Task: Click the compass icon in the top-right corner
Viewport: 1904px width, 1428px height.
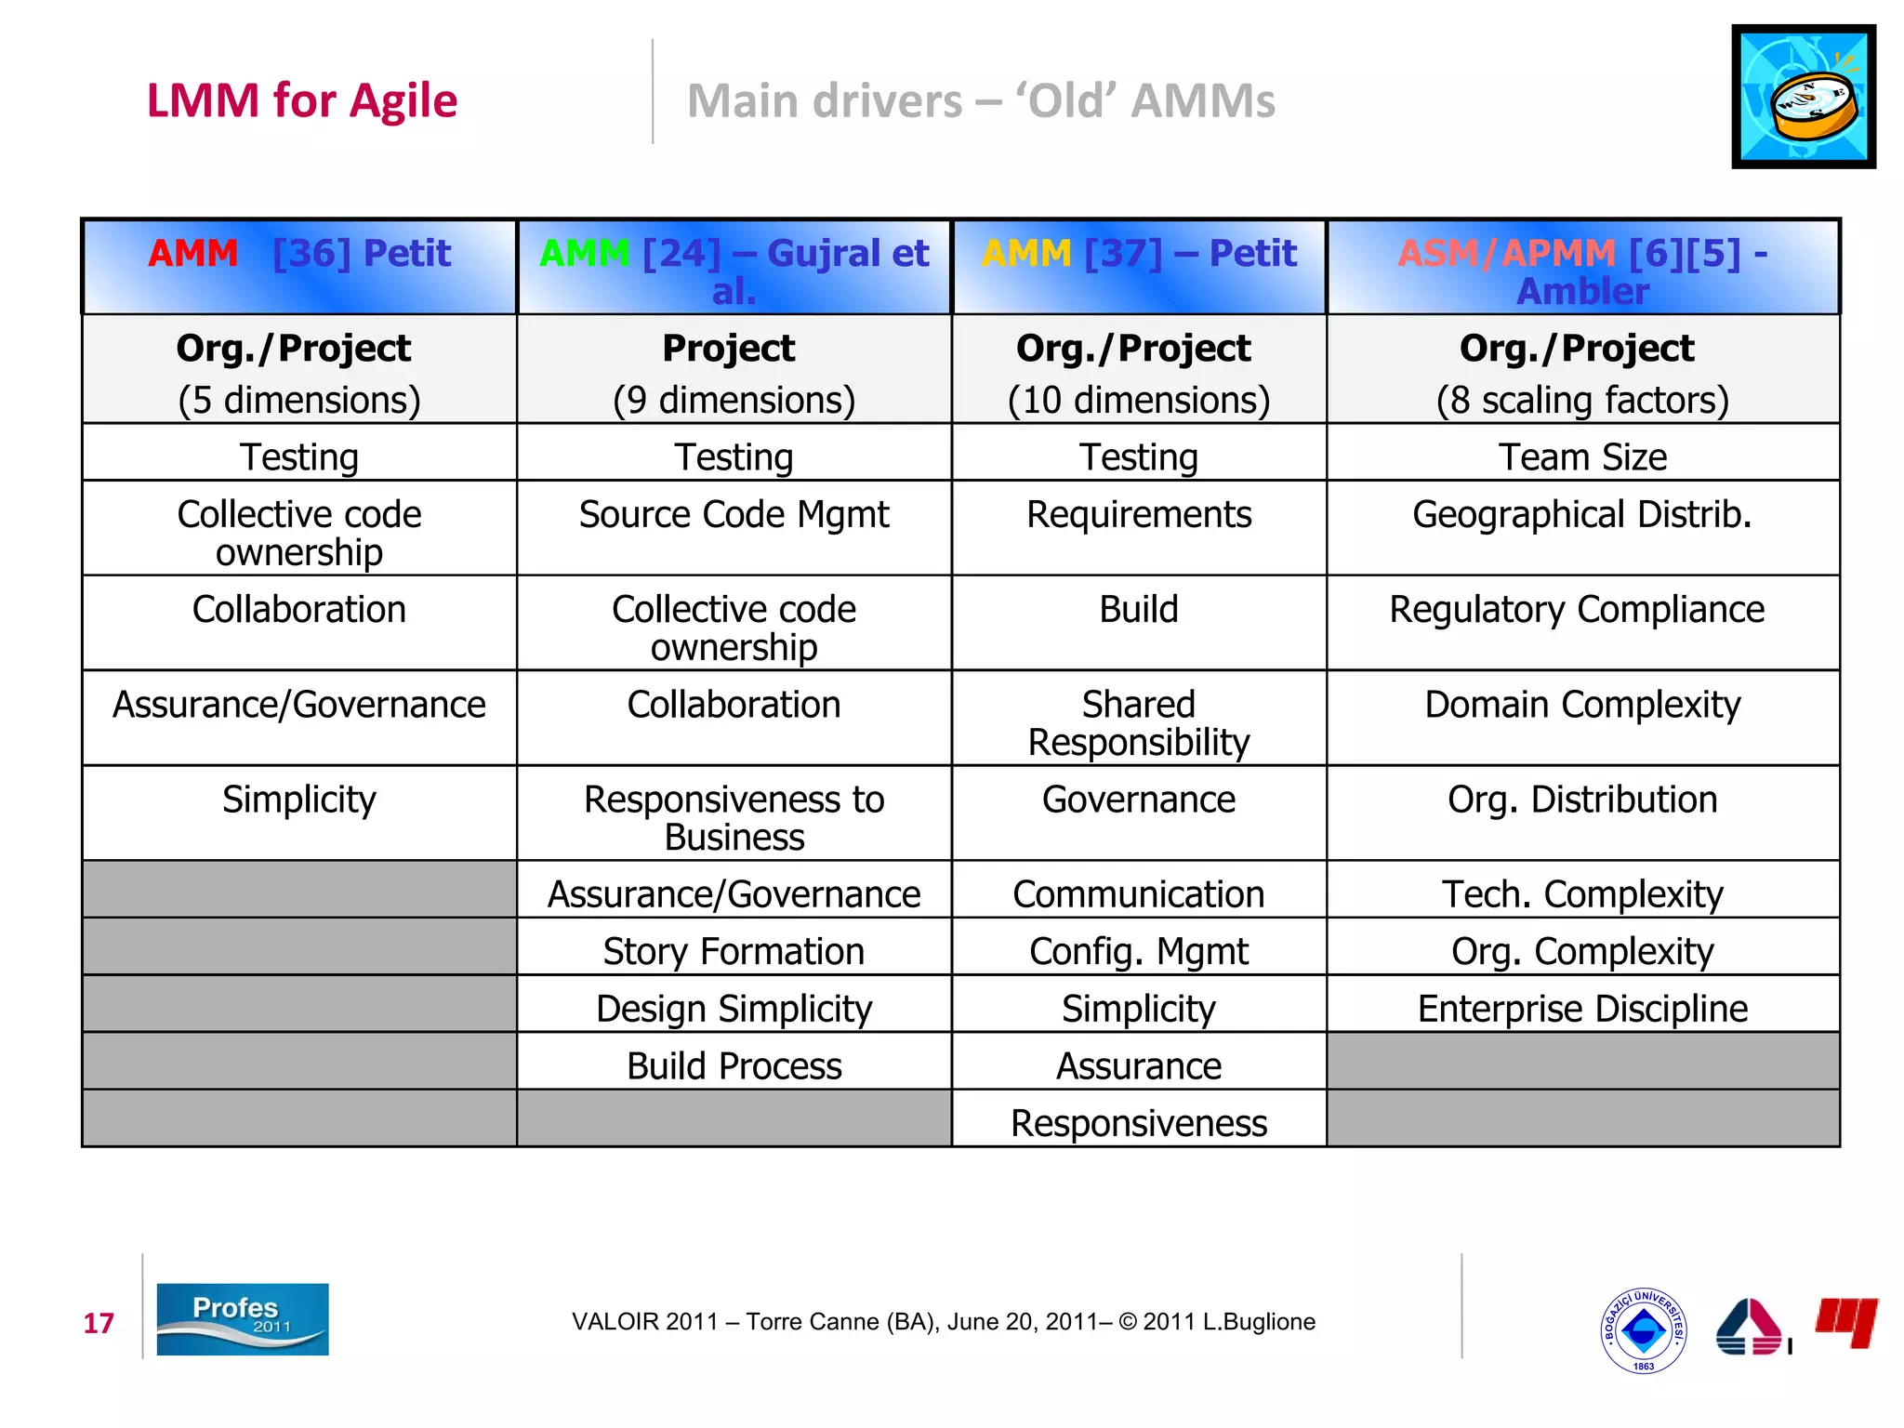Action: point(1803,97)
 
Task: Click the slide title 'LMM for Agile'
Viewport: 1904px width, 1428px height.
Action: point(302,100)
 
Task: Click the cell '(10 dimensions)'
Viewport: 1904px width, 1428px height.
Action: point(1138,400)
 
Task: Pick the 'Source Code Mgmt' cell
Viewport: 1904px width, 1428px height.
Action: point(734,515)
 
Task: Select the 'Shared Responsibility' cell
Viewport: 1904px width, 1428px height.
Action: point(1138,723)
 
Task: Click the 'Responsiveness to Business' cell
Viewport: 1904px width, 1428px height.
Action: point(734,818)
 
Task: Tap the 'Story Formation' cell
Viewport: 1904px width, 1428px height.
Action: point(734,951)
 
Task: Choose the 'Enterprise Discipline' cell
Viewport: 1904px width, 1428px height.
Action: point(1582,1009)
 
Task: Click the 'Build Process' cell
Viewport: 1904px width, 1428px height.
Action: point(734,1066)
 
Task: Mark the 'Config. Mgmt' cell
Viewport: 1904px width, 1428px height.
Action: point(1138,951)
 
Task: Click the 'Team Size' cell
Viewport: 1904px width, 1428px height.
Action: point(1582,457)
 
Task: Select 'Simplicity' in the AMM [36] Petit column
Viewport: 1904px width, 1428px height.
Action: point(299,800)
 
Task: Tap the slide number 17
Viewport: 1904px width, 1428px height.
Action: point(99,1323)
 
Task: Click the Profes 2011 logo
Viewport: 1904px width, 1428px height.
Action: point(242,1319)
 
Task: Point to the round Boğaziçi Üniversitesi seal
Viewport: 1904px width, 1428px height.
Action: point(1643,1330)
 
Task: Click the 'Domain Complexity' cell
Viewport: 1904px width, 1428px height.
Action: point(1582,705)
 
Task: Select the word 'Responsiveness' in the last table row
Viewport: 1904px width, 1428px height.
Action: point(1138,1123)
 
